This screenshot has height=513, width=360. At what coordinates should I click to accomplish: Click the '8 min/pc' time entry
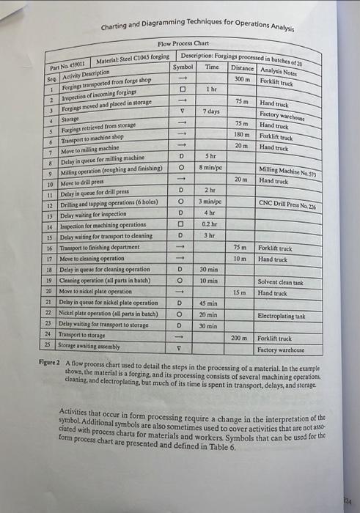(210, 167)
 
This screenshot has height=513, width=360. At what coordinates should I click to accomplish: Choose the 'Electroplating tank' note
(282, 316)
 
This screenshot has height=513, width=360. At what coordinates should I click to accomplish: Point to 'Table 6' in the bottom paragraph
(223, 446)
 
